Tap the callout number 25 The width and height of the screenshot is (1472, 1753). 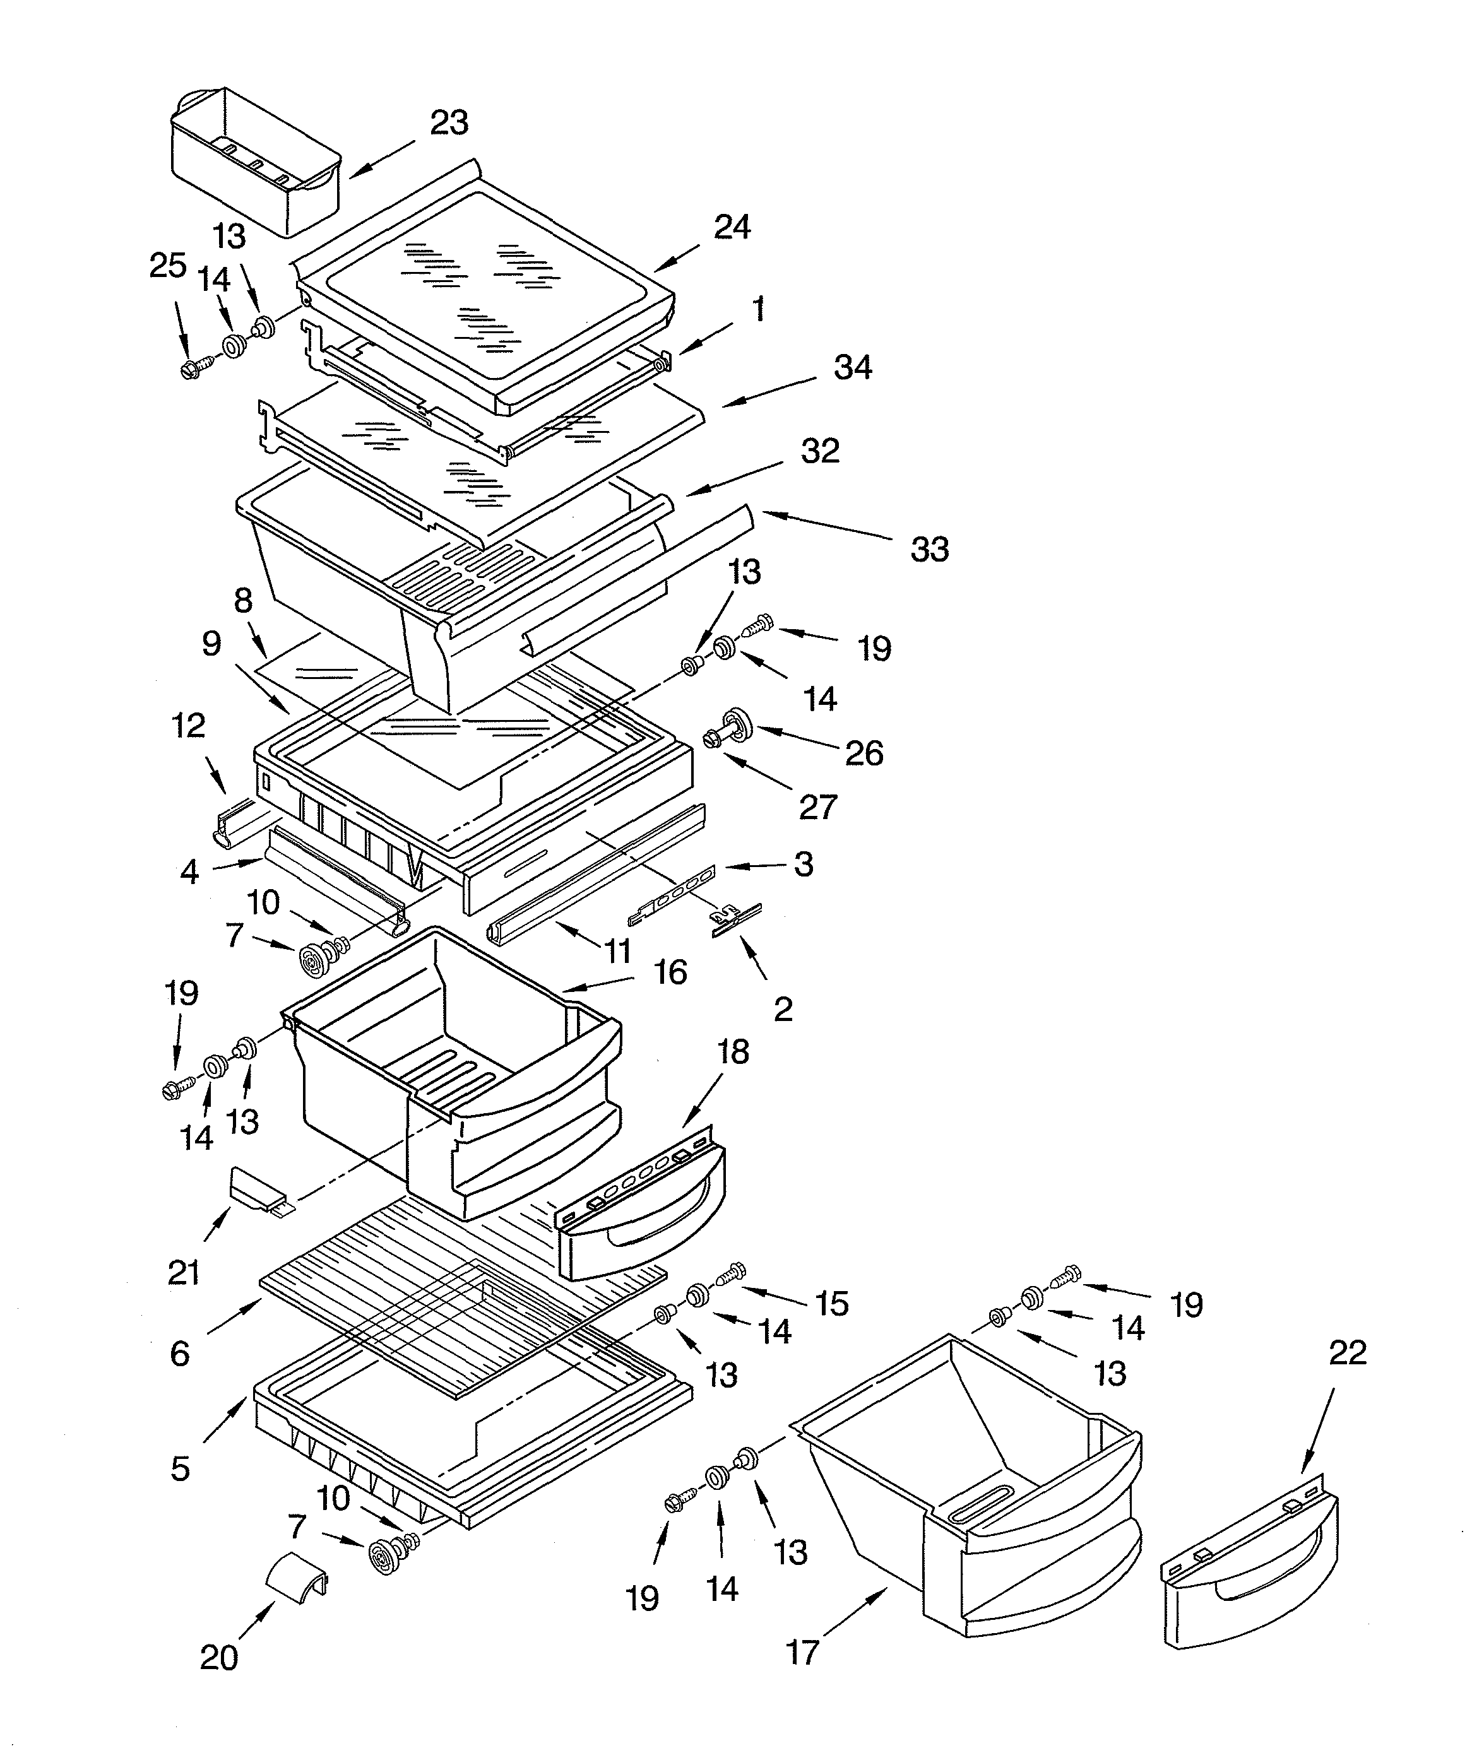pos(167,266)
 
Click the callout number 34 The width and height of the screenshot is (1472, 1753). pos(853,367)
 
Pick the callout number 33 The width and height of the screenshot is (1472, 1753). pos(929,549)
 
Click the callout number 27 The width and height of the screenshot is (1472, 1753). pos(817,806)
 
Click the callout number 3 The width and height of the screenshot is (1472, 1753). pos(803,864)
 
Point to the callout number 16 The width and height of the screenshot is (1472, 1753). pos(670,972)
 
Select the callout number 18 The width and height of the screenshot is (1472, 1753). pos(733,1052)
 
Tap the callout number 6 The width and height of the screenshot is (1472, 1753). pos(179,1353)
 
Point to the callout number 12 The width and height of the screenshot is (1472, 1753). pos(189,726)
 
